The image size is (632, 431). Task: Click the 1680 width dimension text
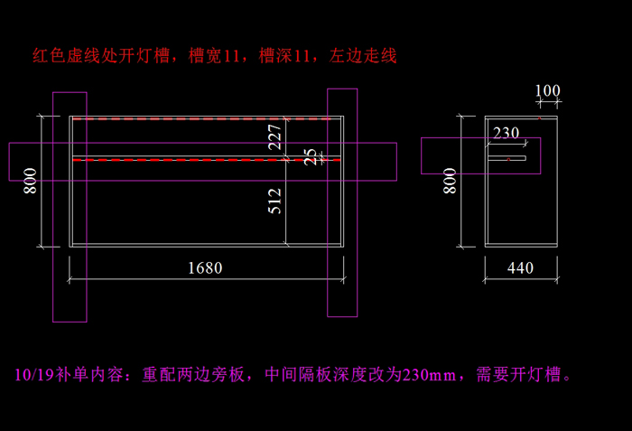tap(204, 267)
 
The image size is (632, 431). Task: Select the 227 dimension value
tap(275, 136)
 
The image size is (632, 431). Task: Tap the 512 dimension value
tap(275, 200)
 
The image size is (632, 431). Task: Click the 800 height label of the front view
tap(31, 181)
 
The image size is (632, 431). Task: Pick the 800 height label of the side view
tap(450, 180)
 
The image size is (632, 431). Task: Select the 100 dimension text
tap(547, 90)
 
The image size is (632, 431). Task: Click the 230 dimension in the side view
tap(506, 133)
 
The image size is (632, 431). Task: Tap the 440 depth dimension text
tap(520, 267)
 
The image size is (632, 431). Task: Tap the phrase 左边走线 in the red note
tap(364, 56)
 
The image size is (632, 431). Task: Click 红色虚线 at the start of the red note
tap(66, 56)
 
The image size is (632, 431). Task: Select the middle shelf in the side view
tap(507, 159)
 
